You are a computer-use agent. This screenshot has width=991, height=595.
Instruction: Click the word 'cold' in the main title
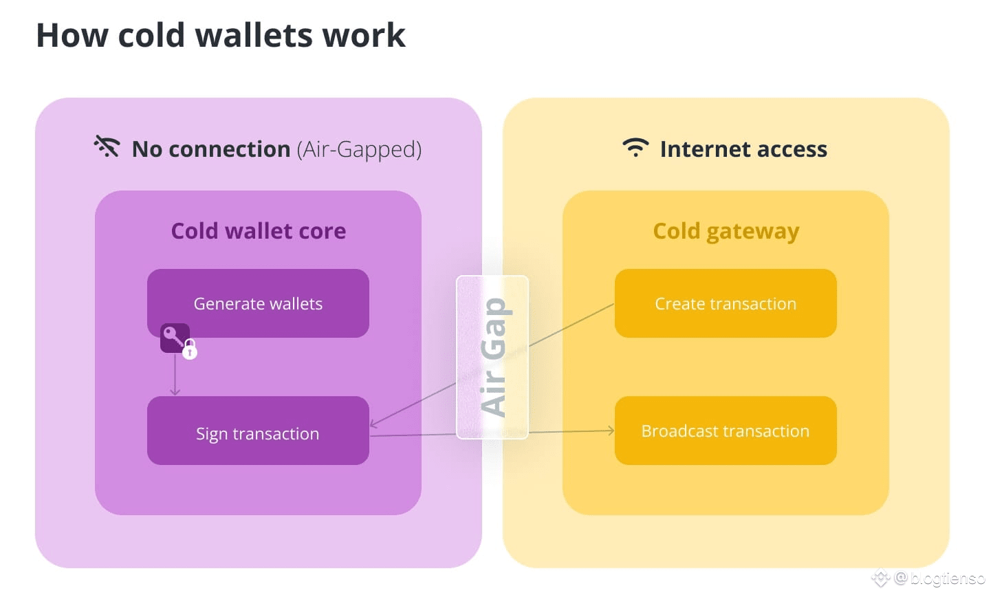pos(151,35)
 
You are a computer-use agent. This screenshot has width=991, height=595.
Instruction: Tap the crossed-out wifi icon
pos(107,146)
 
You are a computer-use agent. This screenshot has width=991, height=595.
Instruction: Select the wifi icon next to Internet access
pos(635,148)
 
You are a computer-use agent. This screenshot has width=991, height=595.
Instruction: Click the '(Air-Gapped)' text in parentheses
pos(359,149)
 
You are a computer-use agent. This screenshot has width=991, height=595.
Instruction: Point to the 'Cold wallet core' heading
pos(259,231)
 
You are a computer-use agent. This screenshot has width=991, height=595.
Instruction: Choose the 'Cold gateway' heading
pos(726,232)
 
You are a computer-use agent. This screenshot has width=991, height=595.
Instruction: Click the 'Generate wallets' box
pos(259,303)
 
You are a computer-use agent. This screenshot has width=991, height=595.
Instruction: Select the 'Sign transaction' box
pos(259,431)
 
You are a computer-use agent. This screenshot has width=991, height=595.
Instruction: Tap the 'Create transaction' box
pos(726,303)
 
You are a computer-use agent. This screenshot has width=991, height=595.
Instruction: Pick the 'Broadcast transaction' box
pos(726,431)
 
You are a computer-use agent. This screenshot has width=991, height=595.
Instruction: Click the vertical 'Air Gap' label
pos(493,358)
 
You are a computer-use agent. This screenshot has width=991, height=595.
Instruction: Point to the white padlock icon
pos(190,349)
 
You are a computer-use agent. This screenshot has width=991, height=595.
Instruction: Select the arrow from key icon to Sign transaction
pos(175,374)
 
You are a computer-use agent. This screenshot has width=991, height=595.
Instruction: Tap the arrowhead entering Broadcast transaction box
pos(611,431)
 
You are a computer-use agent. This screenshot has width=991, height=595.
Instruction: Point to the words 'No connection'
pos(211,149)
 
